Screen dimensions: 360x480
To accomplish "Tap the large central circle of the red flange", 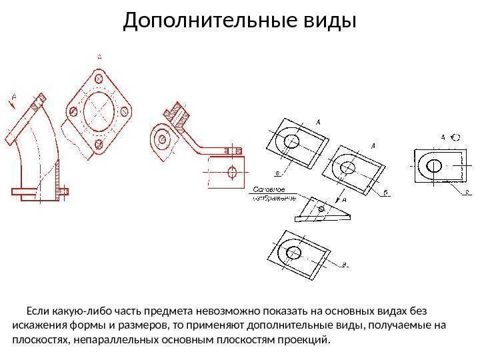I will coord(99,110).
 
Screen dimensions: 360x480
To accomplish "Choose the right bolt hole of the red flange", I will coord(125,110).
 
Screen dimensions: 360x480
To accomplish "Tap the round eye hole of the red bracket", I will coord(161,139).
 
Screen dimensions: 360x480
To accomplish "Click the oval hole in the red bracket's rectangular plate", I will coord(232,172).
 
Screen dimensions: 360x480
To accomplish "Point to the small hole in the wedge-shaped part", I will coord(321,210).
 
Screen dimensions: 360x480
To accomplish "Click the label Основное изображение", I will coord(273,193).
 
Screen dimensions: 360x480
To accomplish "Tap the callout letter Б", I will coord(385,193).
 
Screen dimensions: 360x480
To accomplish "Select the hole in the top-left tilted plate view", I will coord(291,140).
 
